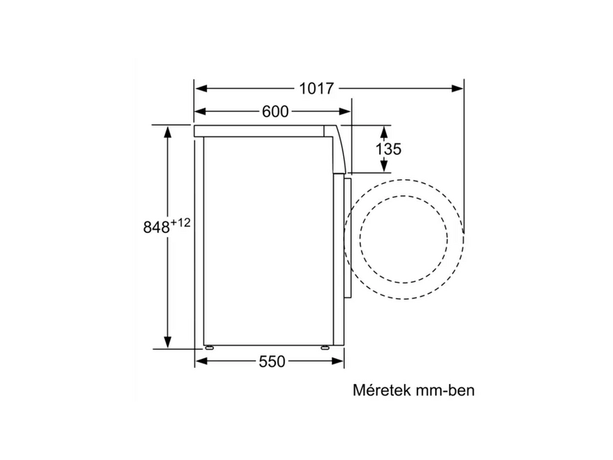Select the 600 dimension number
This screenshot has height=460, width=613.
click(274, 112)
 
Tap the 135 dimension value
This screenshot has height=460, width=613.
click(388, 149)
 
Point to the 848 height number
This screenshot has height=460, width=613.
click(156, 228)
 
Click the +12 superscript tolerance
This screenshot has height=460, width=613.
click(179, 222)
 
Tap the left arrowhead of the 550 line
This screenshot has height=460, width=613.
click(200, 361)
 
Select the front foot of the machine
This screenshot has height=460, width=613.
click(328, 348)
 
